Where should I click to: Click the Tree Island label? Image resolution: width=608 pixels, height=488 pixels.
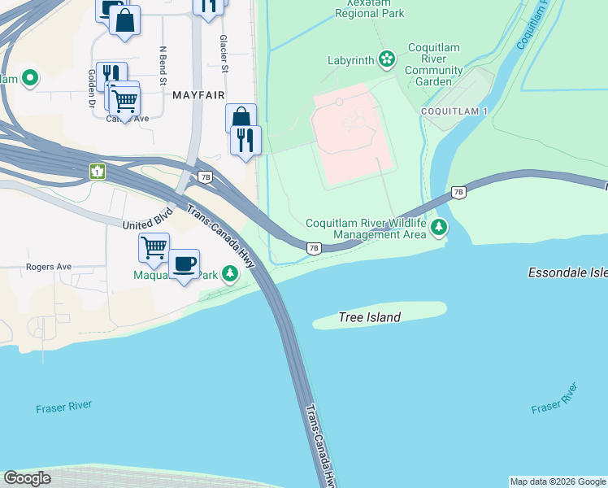[369, 317]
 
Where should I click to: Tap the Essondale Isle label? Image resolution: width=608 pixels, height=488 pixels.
[567, 273]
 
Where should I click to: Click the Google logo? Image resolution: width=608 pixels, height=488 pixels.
[27, 478]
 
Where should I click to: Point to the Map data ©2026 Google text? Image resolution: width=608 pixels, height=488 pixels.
[558, 481]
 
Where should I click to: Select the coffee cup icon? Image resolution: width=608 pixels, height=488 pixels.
[185, 264]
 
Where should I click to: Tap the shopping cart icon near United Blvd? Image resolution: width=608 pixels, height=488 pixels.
[154, 246]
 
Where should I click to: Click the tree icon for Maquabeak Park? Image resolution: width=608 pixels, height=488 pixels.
[231, 275]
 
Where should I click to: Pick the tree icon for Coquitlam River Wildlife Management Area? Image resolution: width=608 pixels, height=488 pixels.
[440, 227]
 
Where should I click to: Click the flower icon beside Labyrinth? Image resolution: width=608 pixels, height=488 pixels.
[387, 59]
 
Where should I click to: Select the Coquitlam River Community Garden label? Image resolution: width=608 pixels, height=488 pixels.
[434, 65]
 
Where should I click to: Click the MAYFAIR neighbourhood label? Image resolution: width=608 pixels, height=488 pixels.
[198, 95]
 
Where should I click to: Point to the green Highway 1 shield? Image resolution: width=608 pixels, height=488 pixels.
[98, 172]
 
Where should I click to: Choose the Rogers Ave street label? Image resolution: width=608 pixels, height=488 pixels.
[48, 266]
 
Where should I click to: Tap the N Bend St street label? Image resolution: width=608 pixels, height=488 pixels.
[163, 65]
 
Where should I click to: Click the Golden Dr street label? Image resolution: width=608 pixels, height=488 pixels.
[92, 88]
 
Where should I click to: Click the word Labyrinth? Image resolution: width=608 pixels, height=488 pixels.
[350, 60]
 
